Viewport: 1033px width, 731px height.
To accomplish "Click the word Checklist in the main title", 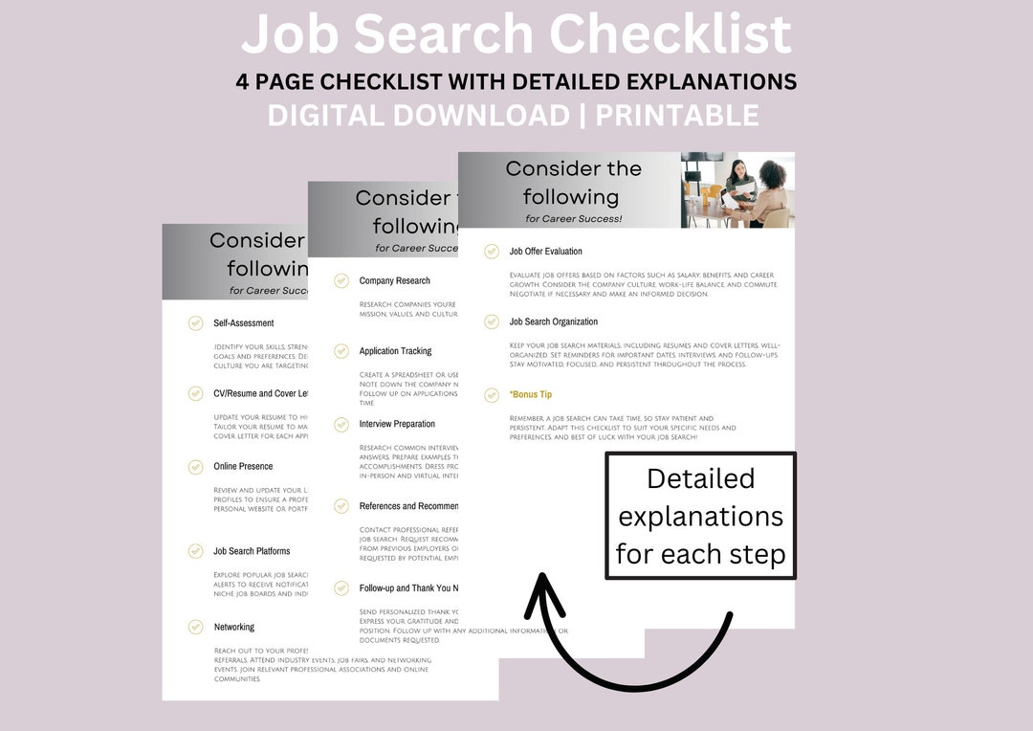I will [670, 34].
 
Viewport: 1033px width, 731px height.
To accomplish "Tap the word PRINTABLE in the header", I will [677, 116].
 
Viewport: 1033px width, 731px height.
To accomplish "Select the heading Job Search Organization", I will [553, 322].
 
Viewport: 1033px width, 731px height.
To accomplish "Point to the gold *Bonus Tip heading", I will [530, 394].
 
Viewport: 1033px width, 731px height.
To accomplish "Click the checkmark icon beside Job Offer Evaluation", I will [492, 252].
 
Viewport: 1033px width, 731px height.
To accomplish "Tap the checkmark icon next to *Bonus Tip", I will [492, 394].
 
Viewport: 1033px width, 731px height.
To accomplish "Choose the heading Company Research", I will [394, 281].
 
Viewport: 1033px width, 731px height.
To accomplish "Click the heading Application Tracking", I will [395, 351].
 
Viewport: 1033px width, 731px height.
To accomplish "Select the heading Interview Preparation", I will [397, 424].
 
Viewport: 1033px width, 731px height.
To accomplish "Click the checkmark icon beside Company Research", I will [341, 281].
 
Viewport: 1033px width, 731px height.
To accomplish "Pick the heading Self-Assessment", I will [244, 323].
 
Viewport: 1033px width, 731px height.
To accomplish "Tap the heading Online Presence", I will [243, 467].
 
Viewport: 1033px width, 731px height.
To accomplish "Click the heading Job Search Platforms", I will [252, 551].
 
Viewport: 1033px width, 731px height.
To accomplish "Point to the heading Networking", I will [234, 628].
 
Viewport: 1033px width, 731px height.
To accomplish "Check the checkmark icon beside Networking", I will [195, 628].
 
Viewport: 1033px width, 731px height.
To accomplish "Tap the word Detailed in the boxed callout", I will [700, 478].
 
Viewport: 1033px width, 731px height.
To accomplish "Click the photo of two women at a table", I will [736, 189].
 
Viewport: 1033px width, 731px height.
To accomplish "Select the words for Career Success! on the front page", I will [573, 219].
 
